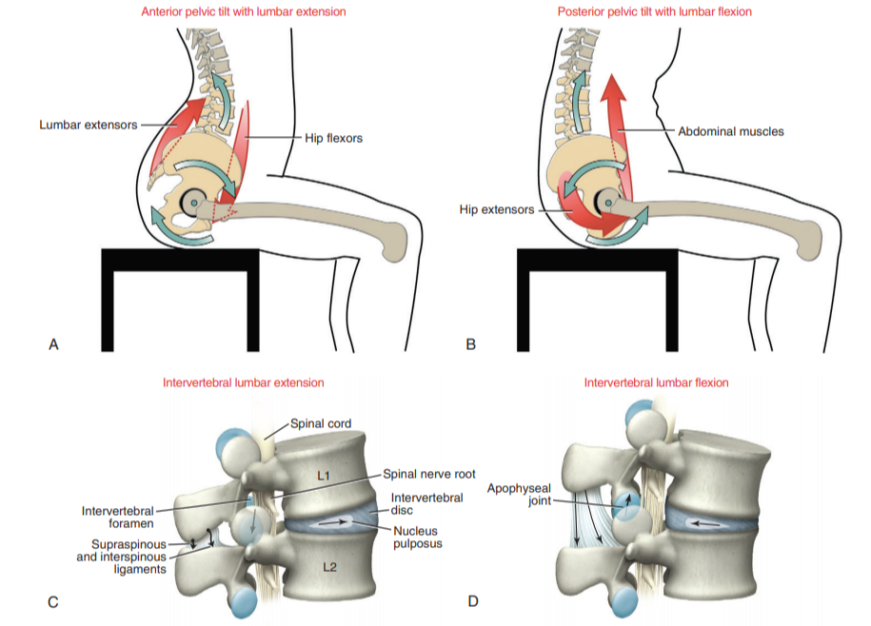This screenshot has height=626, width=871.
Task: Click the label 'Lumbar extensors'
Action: (x=88, y=125)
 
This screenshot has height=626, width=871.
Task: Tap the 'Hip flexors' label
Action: (x=333, y=138)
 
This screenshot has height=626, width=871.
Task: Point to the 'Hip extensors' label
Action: (x=496, y=209)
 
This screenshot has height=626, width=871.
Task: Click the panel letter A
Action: (x=53, y=344)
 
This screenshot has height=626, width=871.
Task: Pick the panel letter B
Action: (x=470, y=344)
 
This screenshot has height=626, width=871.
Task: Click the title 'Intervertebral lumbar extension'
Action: (x=244, y=382)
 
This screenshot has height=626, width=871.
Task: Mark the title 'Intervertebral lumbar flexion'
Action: (x=656, y=382)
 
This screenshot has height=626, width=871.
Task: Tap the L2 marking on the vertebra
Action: (x=330, y=567)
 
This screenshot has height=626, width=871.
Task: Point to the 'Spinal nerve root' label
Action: (x=429, y=473)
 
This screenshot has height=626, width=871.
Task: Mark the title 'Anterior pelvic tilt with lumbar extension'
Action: (x=243, y=11)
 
